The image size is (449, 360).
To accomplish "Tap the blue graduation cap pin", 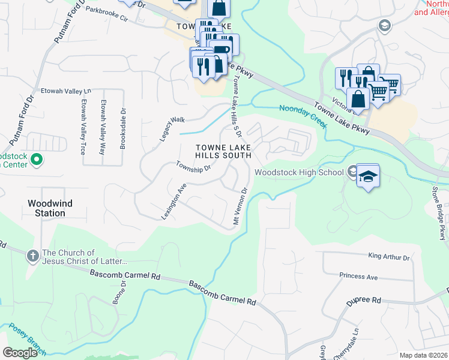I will click(369, 176).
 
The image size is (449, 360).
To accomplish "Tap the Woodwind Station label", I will click(50, 208).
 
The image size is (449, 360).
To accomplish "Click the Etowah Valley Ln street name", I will click(65, 91).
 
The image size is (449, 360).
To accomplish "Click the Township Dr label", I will click(193, 166).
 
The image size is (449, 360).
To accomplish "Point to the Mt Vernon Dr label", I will click(240, 208).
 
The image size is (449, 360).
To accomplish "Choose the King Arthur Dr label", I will click(388, 257).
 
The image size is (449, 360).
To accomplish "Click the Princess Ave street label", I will click(358, 277).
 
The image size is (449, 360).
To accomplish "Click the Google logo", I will click(20, 353).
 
